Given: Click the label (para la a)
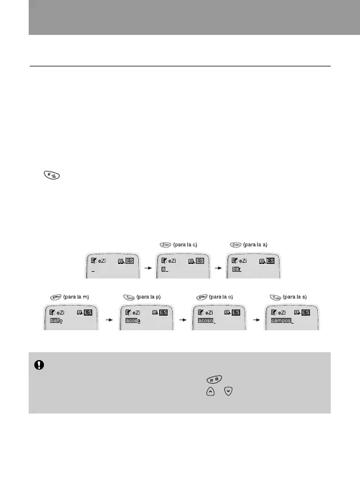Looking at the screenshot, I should (255, 245).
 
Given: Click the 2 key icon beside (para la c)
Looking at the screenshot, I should (164, 245).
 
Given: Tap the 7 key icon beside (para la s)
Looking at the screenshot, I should (274, 297).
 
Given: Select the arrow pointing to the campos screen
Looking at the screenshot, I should (256, 317).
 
